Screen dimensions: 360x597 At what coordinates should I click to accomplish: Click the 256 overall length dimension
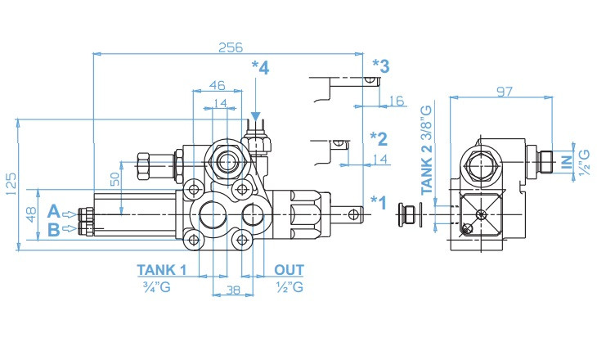click(230, 47)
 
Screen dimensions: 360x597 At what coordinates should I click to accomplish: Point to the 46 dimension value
click(218, 85)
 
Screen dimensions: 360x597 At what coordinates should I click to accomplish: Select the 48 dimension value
click(31, 214)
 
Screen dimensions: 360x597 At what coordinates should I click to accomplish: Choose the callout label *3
click(379, 65)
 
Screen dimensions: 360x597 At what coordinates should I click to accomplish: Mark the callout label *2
click(378, 137)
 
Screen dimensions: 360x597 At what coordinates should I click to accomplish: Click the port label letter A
click(54, 213)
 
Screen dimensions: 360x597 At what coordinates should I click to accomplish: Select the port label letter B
click(54, 230)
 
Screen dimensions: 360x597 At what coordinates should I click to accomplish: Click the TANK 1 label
click(162, 270)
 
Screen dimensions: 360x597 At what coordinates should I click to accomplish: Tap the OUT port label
click(289, 270)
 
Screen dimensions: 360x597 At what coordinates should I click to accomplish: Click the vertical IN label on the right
click(567, 162)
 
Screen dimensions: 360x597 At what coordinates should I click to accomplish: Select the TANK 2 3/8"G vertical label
click(428, 149)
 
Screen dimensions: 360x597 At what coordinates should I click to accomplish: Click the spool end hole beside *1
click(352, 214)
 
